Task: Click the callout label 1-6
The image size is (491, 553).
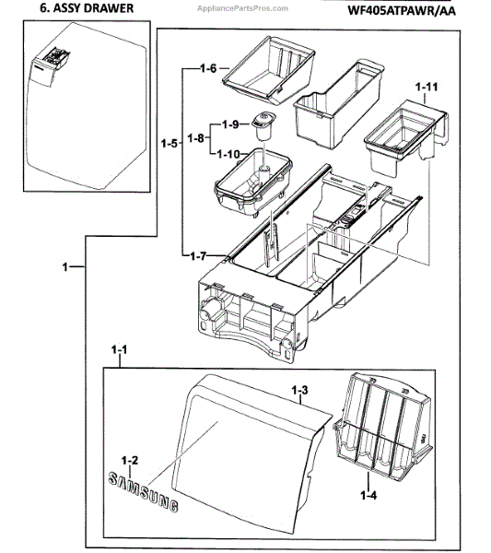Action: click(208, 68)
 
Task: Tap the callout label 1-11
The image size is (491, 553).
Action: click(427, 87)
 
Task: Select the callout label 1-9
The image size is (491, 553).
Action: click(230, 124)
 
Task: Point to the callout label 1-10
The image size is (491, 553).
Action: click(228, 154)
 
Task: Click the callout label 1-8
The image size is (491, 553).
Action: click(195, 138)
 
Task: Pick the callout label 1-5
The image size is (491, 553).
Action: click(170, 144)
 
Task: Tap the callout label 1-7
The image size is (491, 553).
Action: click(198, 256)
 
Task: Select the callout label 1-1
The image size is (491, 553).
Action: click(119, 350)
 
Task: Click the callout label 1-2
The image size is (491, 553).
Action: click(129, 461)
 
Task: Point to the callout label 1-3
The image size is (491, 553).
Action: click(300, 390)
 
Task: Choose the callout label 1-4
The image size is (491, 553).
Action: click(368, 496)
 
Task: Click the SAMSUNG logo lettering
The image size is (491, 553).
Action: click(143, 491)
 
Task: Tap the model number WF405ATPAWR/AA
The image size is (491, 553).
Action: click(402, 10)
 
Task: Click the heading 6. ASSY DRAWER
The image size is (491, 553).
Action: click(87, 8)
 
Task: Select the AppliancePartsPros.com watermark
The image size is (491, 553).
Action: click(242, 8)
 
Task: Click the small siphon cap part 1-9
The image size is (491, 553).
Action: click(263, 126)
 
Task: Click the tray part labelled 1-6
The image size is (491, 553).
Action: click(269, 70)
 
